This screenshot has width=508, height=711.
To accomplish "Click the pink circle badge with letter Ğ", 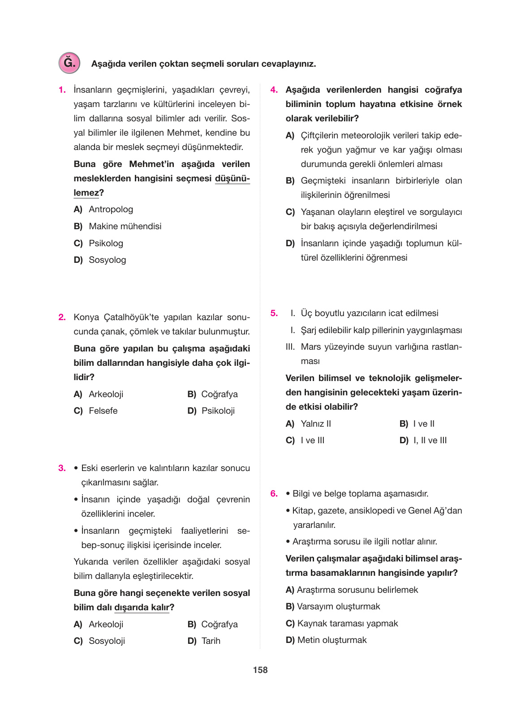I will click(x=69, y=63).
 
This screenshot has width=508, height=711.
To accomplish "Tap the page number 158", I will click(x=260, y=670).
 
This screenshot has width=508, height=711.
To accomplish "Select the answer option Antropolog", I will click(x=111, y=209).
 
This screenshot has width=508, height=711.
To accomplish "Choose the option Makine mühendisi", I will click(x=125, y=226).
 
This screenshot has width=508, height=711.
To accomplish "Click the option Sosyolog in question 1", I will click(x=107, y=260).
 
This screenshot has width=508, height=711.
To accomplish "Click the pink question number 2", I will click(x=62, y=317).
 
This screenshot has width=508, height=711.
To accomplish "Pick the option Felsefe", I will click(x=103, y=411).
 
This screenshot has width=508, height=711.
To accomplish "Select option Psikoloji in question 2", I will click(x=218, y=411).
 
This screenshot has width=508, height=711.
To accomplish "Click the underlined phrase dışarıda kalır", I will click(x=142, y=607).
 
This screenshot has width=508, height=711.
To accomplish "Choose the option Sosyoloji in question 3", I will click(x=107, y=641).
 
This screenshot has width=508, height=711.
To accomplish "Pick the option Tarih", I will click(x=211, y=641).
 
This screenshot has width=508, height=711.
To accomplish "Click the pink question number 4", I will click(x=274, y=90).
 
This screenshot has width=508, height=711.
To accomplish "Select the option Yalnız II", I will click(x=316, y=424).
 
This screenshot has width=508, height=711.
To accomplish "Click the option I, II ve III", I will click(x=430, y=440).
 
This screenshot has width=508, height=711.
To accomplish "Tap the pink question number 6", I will click(x=274, y=493).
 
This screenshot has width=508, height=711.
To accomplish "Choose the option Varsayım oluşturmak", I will click(x=338, y=606).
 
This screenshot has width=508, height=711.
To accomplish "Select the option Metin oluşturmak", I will click(x=331, y=640).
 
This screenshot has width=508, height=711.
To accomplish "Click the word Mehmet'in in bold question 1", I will click(x=151, y=164).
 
